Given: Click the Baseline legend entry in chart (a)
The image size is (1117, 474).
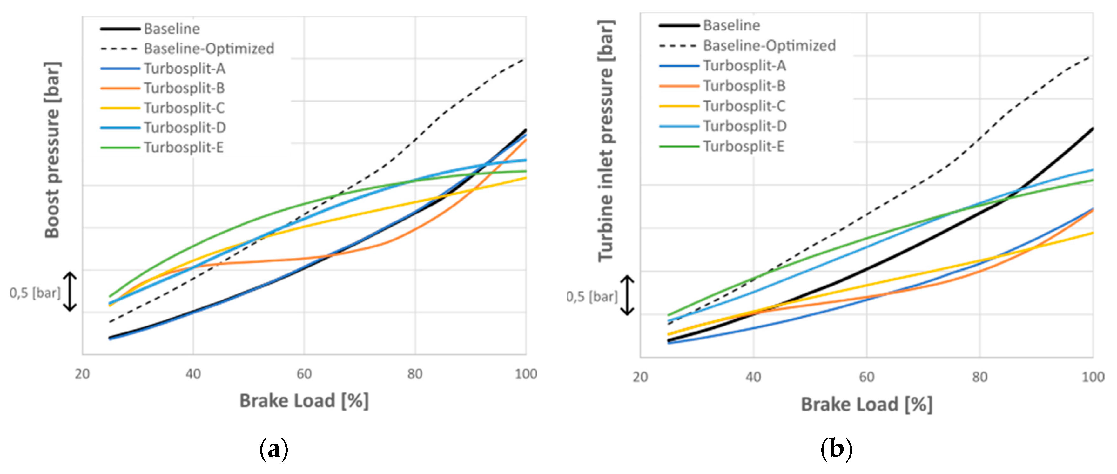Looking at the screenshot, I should (x=172, y=29).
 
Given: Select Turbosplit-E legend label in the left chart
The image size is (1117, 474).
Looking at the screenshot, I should (x=184, y=148).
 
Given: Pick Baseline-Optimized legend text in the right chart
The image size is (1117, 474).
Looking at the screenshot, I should (x=769, y=45).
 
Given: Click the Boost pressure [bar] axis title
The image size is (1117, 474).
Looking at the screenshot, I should (x=52, y=150).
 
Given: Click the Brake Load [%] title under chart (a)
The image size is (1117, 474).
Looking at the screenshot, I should (x=304, y=401).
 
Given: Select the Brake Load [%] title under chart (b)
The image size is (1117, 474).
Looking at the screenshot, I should (x=866, y=404).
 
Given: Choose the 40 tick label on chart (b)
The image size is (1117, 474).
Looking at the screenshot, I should (x=753, y=377).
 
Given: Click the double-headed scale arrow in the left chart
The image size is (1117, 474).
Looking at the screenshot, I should (x=70, y=292).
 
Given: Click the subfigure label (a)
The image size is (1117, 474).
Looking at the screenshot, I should (x=274, y=449).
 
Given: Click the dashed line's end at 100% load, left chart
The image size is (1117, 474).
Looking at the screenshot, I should (x=525, y=58).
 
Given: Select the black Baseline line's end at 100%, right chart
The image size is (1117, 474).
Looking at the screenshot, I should (x=1092, y=129).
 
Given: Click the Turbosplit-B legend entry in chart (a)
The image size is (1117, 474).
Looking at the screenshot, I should (x=184, y=89).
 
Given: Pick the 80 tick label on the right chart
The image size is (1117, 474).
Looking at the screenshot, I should (x=979, y=377).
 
